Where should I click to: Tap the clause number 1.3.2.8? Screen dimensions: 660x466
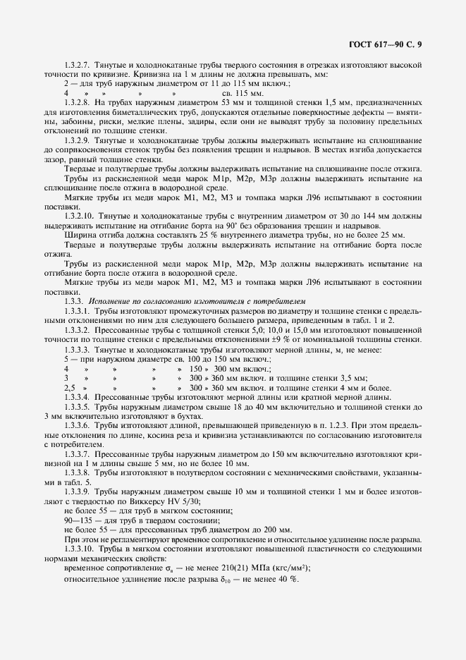(x=78, y=102)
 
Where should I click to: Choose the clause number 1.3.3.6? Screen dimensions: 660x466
(x=78, y=427)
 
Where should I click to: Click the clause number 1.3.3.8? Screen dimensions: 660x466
(x=78, y=472)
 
